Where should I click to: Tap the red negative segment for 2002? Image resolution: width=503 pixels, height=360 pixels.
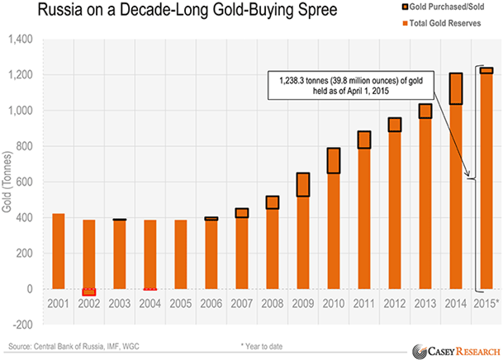coord(88,291)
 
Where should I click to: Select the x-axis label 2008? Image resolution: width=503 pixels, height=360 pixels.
coord(271,305)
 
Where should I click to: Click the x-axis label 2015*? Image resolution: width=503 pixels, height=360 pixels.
coord(486,305)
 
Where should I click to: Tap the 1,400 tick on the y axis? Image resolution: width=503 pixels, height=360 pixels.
coord(22,39)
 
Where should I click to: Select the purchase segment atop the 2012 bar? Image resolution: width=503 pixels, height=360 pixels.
coord(394,124)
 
